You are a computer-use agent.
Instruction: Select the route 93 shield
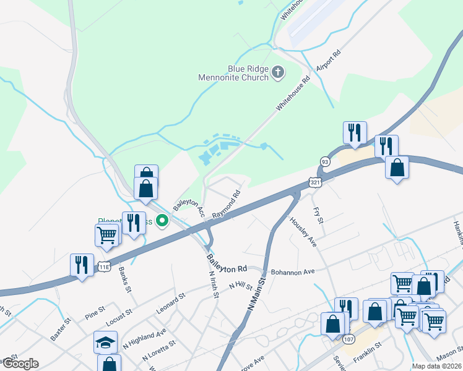(x=325, y=161)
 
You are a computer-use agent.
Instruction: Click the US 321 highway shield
(x=315, y=182)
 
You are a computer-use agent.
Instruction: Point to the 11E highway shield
(x=104, y=267)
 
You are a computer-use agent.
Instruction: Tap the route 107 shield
(x=349, y=339)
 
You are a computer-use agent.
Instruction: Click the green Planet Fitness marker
(x=163, y=220)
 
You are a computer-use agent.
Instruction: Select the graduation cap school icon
(x=105, y=342)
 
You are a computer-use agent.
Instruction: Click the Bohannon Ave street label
(x=293, y=271)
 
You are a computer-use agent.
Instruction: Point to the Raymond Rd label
(x=226, y=205)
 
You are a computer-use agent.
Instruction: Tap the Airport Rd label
(x=329, y=62)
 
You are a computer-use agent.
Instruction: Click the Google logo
(x=20, y=364)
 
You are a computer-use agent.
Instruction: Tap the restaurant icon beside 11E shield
(x=82, y=264)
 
